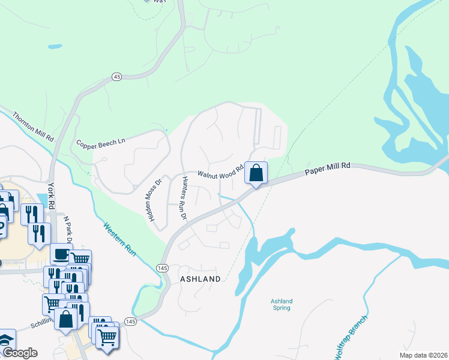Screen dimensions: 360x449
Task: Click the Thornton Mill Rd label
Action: tap(33, 126)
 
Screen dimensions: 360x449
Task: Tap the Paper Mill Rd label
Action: tap(327, 170)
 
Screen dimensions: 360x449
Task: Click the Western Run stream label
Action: tap(121, 240)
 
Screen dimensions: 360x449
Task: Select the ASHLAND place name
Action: tap(200, 279)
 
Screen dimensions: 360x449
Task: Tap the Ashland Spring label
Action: tap(281, 304)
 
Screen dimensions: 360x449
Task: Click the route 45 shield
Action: tap(116, 77)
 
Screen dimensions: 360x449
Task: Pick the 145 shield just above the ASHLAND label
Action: tap(162, 268)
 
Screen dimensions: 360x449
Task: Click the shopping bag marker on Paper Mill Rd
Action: tap(256, 173)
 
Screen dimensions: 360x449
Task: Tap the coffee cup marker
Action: tap(61, 254)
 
